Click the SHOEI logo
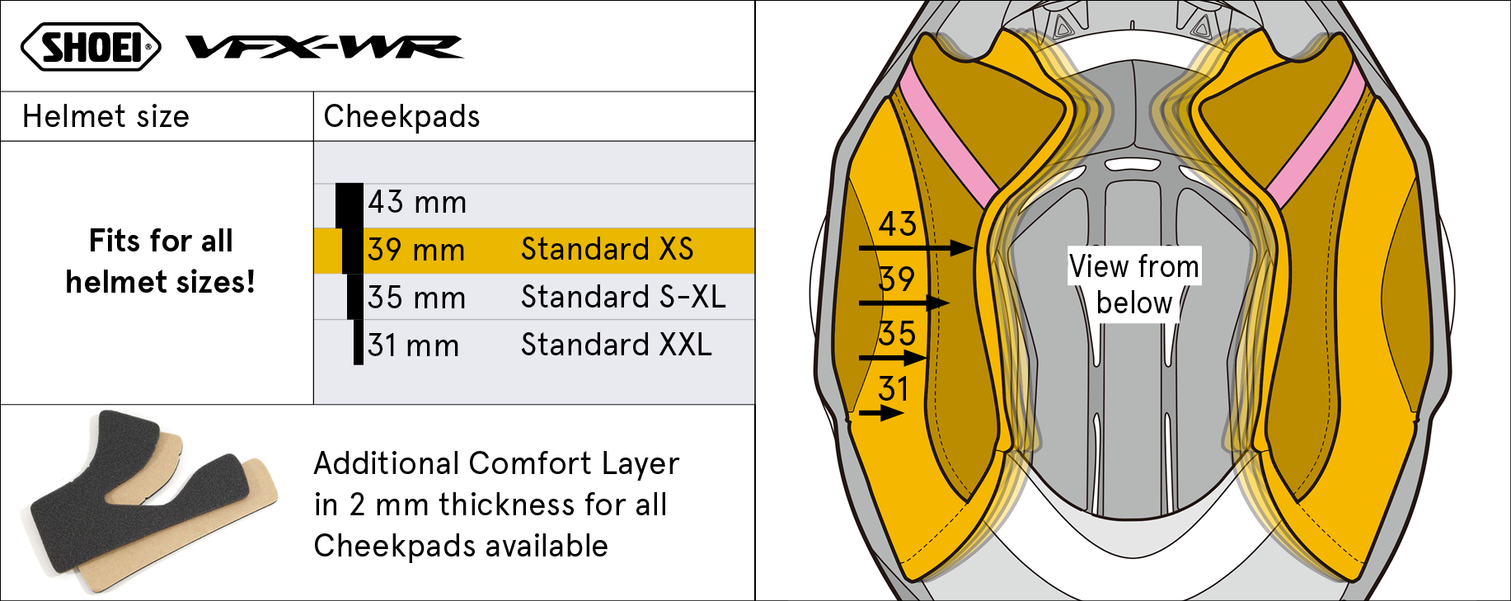pyautogui.click(x=91, y=47)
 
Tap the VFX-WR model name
pyautogui.click(x=325, y=47)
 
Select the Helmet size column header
pyautogui.click(x=106, y=116)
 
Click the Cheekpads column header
pyautogui.click(x=401, y=116)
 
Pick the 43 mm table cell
pyautogui.click(x=417, y=202)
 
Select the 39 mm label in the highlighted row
pyautogui.click(x=416, y=250)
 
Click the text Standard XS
pyautogui.click(x=608, y=249)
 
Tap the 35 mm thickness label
pyautogui.click(x=416, y=298)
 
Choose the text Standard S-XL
pyautogui.click(x=623, y=297)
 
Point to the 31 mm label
pyautogui.click(x=413, y=345)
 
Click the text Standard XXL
pyautogui.click(x=617, y=345)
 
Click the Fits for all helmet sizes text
pyautogui.click(x=161, y=261)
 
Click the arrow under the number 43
pyautogui.click(x=916, y=247)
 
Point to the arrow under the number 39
pyautogui.click(x=904, y=303)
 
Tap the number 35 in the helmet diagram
pyautogui.click(x=897, y=334)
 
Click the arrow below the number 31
pyautogui.click(x=881, y=412)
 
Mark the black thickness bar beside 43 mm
pyautogui.click(x=350, y=205)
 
